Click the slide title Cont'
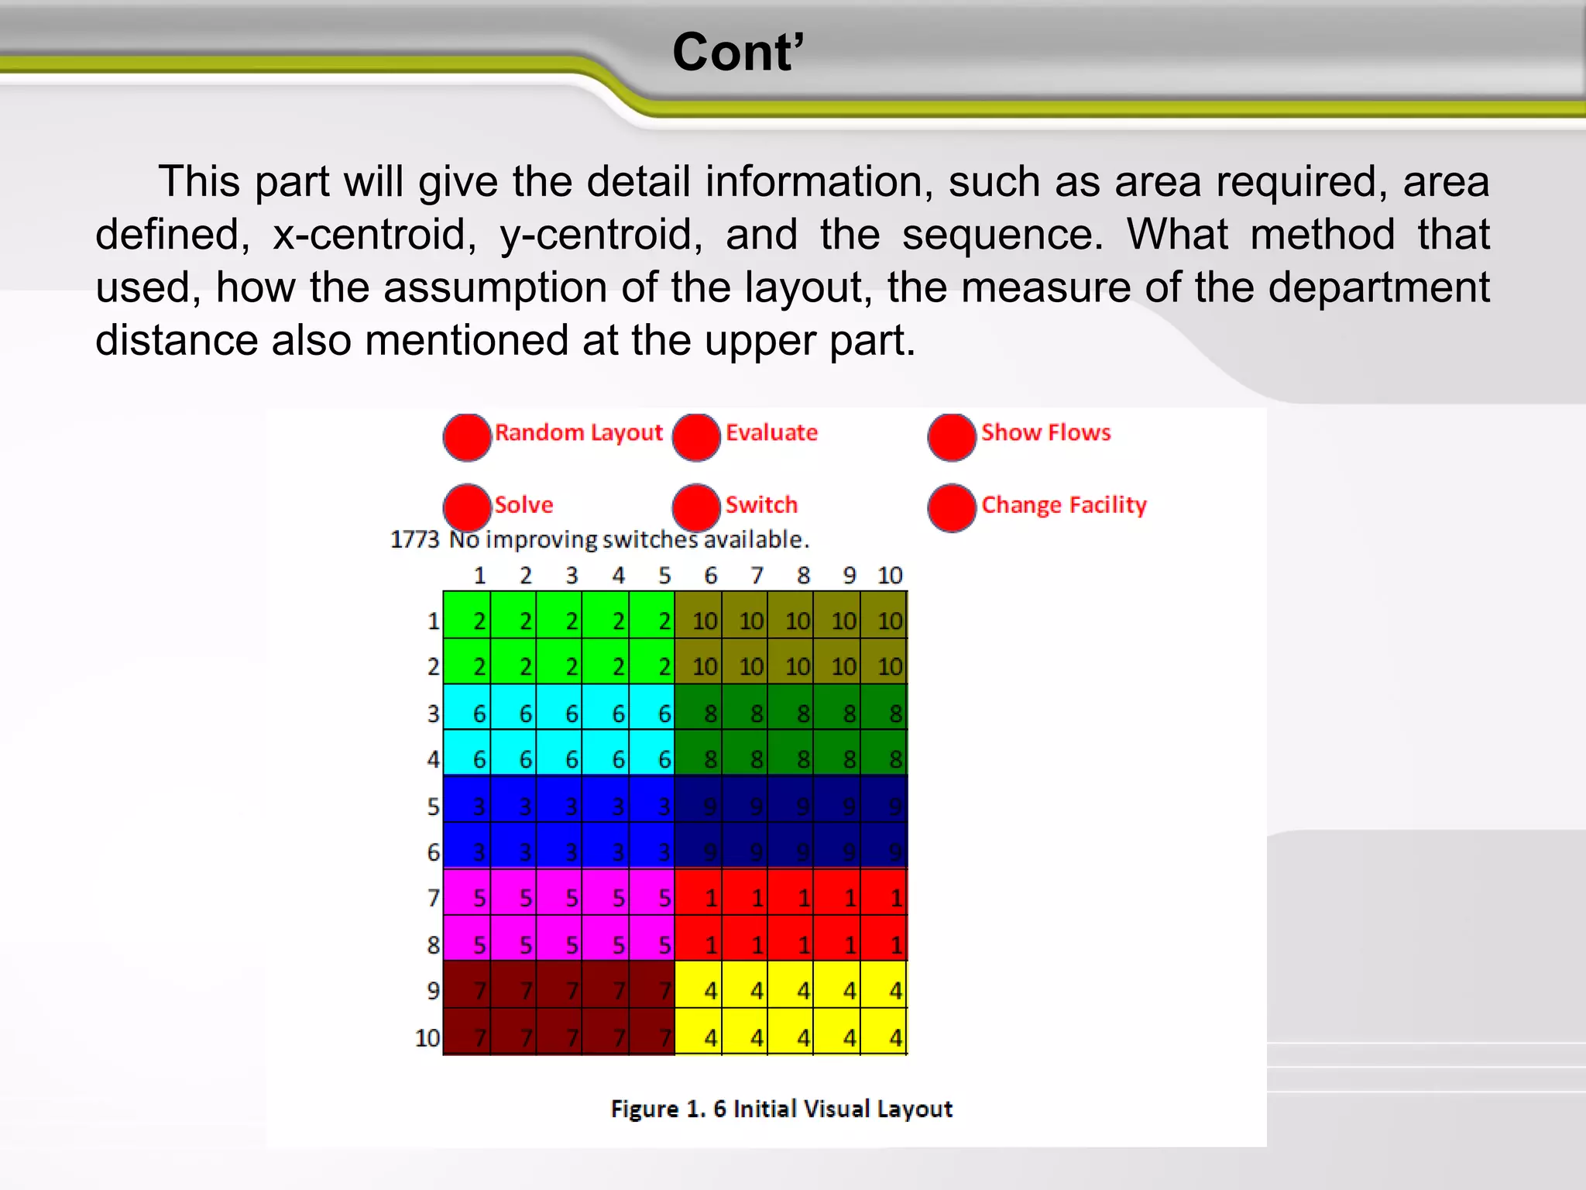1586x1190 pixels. click(738, 53)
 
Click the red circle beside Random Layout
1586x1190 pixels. click(467, 437)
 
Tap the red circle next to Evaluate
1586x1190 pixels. click(696, 437)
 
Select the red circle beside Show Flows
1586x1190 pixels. click(952, 437)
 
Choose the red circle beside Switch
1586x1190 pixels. click(696, 507)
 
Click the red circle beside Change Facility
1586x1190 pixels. click(952, 507)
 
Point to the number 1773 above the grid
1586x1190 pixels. click(414, 539)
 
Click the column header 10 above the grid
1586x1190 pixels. click(890, 576)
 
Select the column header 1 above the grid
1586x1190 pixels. click(479, 576)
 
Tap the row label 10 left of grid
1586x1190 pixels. click(427, 1037)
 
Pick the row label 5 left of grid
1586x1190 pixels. click(433, 807)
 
